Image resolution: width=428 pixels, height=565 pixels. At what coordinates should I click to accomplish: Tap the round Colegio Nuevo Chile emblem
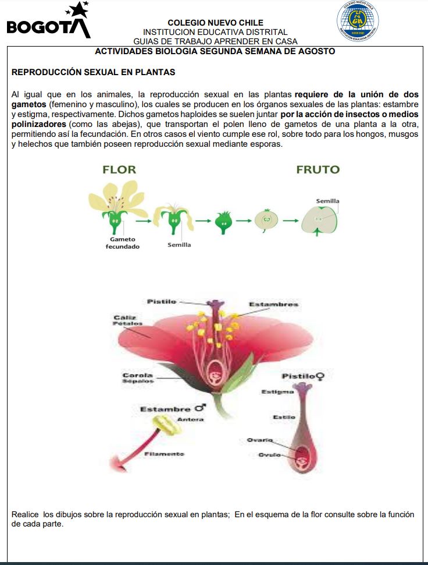tap(358, 22)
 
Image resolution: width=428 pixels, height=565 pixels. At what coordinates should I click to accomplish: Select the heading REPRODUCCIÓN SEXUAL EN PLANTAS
tap(93, 73)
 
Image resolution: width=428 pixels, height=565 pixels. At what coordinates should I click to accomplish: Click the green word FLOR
tap(119, 169)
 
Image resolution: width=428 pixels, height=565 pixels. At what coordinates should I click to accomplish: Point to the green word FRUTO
tap(318, 169)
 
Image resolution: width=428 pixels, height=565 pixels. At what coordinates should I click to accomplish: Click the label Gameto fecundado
tap(122, 243)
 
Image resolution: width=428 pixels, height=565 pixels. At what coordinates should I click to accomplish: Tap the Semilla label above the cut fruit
tap(327, 201)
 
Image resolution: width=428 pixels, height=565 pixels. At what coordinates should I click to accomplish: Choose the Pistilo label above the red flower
tap(161, 302)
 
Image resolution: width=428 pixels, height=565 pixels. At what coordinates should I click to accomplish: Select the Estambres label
tap(273, 305)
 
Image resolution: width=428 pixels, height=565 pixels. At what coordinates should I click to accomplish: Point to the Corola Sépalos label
tap(138, 378)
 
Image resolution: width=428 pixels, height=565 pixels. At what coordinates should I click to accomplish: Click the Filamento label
tap(164, 453)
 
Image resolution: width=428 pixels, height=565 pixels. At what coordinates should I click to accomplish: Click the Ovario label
tap(260, 440)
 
